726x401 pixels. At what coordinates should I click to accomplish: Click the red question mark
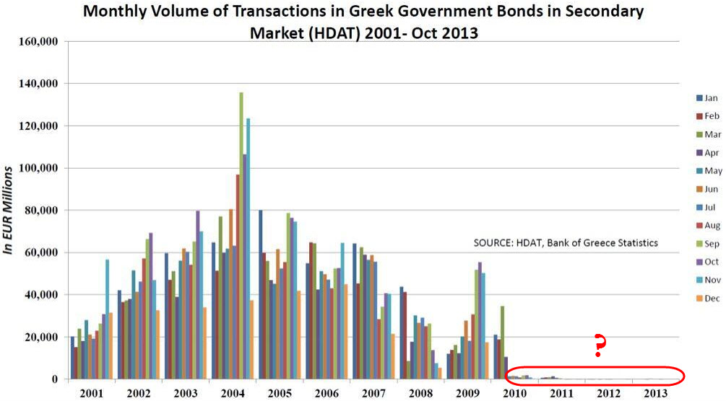[598, 347]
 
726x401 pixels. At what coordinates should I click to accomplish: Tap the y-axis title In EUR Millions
[9, 210]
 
